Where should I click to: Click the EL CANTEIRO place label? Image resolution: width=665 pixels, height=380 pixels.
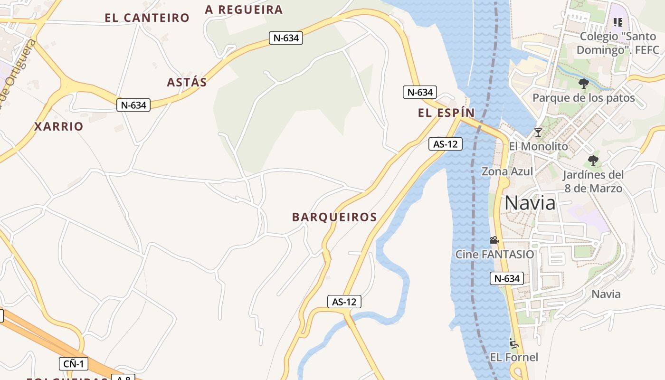(x=147, y=18)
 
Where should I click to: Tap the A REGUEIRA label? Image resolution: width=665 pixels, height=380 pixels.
(x=244, y=9)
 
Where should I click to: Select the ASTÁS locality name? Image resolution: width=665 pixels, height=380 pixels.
(x=187, y=82)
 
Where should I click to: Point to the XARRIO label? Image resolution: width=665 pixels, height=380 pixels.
(x=58, y=126)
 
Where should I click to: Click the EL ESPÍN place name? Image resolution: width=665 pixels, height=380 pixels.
(x=446, y=113)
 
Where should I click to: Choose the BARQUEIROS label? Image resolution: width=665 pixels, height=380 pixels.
(x=334, y=217)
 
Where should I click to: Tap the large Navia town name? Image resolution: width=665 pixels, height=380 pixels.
(x=530, y=203)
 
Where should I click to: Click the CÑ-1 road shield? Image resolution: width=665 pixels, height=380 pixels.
(x=74, y=364)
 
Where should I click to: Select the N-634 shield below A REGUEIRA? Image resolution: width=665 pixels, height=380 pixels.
(x=286, y=38)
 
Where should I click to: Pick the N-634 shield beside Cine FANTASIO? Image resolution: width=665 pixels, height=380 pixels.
(x=506, y=278)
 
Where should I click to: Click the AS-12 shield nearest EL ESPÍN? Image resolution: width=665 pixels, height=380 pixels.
(x=445, y=143)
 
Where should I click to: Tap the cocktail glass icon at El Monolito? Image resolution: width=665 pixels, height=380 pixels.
(x=538, y=132)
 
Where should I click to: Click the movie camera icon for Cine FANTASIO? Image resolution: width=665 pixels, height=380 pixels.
(x=494, y=240)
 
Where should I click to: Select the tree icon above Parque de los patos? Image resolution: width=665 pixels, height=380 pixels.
(x=583, y=84)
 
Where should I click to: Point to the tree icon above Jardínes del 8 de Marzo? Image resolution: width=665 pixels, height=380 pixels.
(x=593, y=160)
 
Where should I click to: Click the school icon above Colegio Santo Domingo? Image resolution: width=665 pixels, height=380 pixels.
(x=617, y=22)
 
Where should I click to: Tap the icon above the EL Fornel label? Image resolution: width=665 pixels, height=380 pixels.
(x=513, y=343)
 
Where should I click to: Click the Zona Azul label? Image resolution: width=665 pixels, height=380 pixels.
(x=507, y=171)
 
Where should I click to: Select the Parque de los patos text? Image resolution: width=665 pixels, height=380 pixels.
(x=583, y=98)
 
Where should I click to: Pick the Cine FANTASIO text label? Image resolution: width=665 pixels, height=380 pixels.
(x=494, y=254)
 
